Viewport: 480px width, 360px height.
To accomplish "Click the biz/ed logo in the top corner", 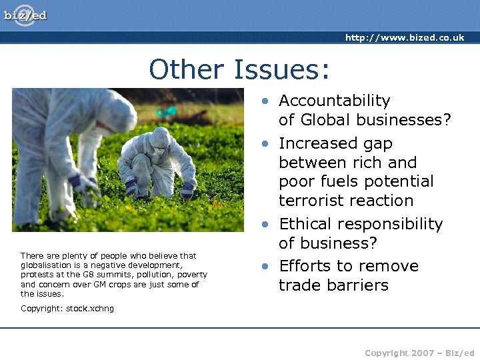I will (x=26, y=15).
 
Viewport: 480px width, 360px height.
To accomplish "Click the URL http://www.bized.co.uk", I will (x=404, y=37).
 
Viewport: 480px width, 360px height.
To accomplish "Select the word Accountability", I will (x=334, y=101).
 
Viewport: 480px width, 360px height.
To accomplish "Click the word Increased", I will (x=317, y=143).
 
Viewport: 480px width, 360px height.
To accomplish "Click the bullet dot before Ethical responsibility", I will (x=266, y=225).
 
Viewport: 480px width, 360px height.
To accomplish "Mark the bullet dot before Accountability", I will (x=266, y=101).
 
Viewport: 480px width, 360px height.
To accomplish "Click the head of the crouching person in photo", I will (x=160, y=139).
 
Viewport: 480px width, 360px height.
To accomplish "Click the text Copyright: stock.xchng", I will (x=67, y=308).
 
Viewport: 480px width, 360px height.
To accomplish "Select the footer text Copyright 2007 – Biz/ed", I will (x=419, y=353).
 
